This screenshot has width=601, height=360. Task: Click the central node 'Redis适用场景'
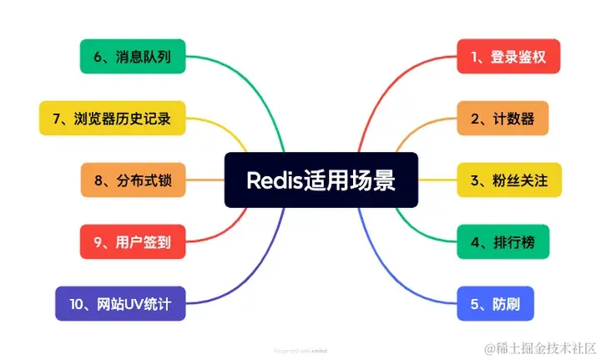[x=321, y=180]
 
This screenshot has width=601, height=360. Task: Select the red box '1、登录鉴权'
[x=508, y=57]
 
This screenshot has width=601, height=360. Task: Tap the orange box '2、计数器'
[x=503, y=118]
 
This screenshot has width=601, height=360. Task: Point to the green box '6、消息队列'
[x=132, y=57]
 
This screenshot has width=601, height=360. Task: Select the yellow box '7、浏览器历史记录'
[x=112, y=118]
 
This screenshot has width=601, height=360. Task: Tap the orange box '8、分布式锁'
[x=132, y=180]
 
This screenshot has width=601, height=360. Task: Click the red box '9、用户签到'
[x=132, y=242]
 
